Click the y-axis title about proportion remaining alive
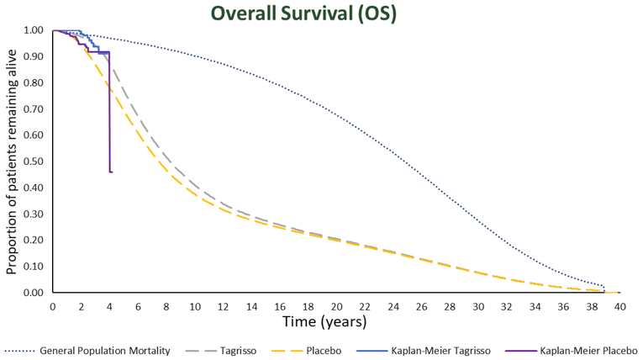[x=11, y=161]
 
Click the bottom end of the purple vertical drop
[x=110, y=172]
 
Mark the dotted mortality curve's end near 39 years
[x=604, y=289]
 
